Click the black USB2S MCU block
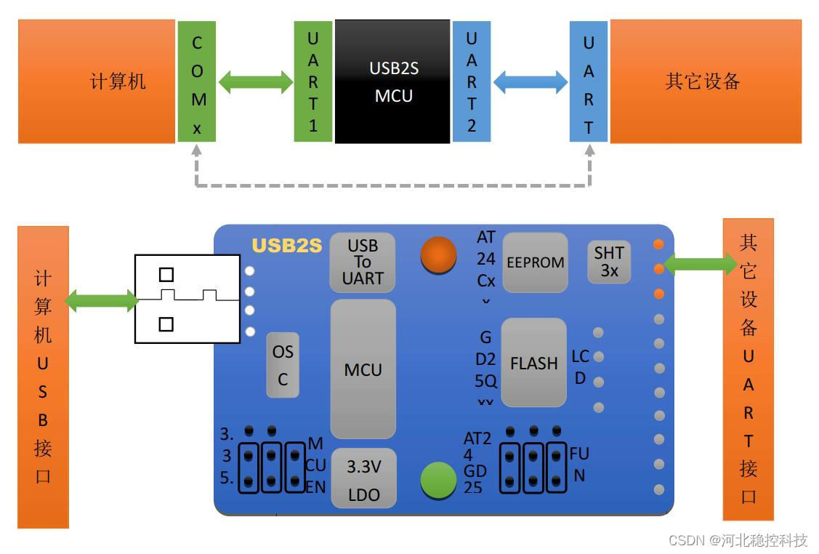pos(392,81)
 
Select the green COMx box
pos(196,81)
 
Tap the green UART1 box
pos(312,81)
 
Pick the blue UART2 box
pos(471,81)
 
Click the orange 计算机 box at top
pos(97,81)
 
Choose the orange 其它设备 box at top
pos(705,81)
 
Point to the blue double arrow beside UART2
pos(530,82)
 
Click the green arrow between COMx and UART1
pos(255,82)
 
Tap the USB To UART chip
pos(363,262)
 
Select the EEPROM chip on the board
pos(536,262)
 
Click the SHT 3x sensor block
pos(609,262)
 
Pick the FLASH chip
pos(533,362)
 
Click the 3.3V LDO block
pos(363,478)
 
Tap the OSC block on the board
pos(283,365)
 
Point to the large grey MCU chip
pos(363,369)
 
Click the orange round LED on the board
pos(439,255)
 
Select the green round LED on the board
pos(439,481)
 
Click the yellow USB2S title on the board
pos(286,246)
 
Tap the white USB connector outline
pos(187,299)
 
